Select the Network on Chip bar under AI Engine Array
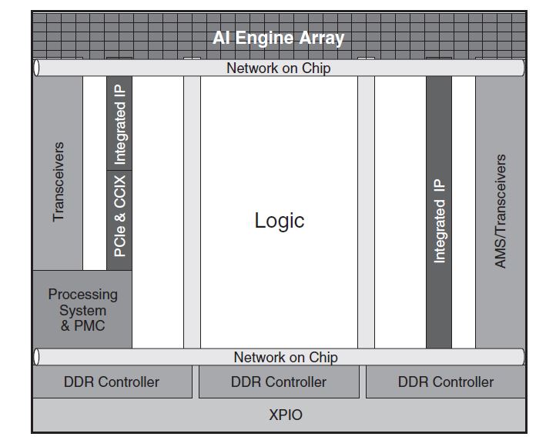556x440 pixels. [x=278, y=68]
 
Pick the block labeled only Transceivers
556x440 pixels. [x=58, y=182]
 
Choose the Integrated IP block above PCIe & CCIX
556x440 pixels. [x=119, y=123]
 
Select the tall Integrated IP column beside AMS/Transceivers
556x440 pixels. [x=439, y=212]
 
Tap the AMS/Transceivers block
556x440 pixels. [x=500, y=212]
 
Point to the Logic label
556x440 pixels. [x=279, y=221]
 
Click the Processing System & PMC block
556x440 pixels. [x=82, y=309]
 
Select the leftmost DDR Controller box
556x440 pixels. [x=112, y=382]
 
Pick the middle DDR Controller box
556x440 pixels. [x=279, y=382]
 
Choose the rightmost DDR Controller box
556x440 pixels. [x=445, y=382]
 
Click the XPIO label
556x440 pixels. [x=286, y=415]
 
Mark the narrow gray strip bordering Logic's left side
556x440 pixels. [x=192, y=212]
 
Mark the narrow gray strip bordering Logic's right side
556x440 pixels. [x=366, y=212]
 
